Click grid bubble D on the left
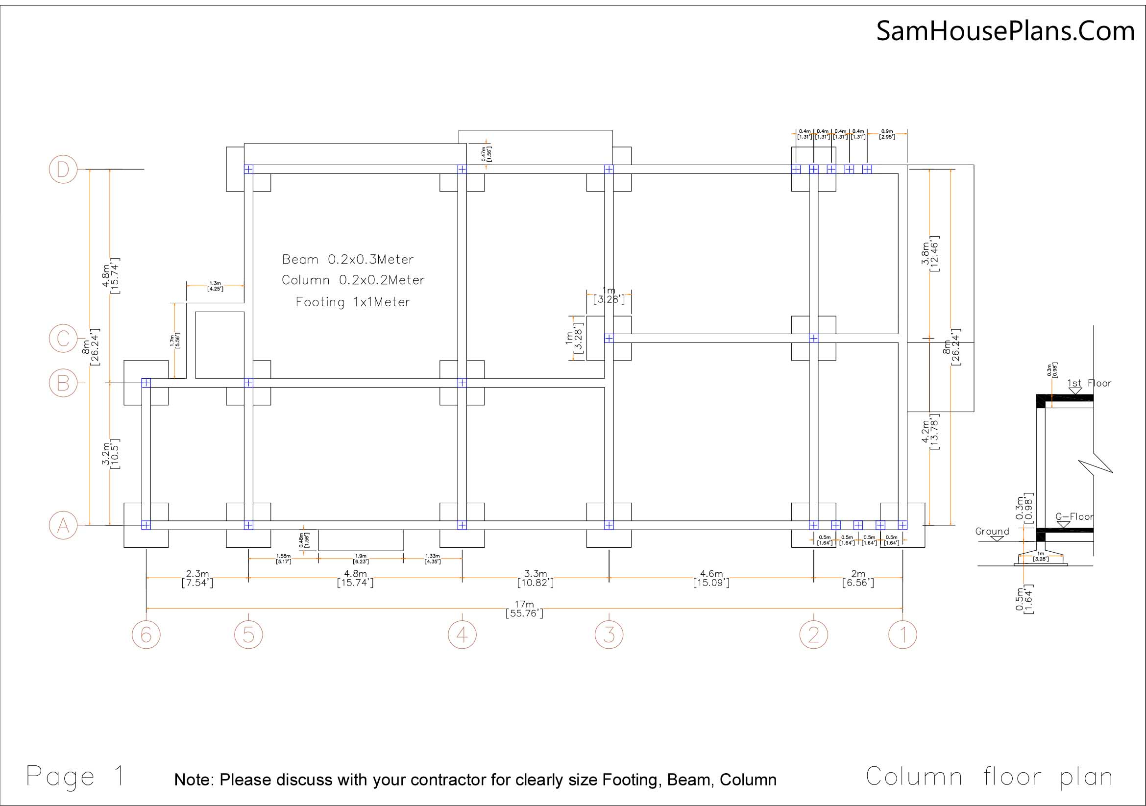click(63, 169)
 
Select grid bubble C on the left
click(63, 339)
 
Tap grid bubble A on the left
click(63, 525)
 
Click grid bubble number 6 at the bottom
click(146, 635)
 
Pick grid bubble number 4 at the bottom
click(462, 635)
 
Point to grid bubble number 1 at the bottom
click(903, 635)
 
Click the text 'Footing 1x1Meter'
click(353, 302)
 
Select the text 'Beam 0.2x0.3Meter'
click(348, 260)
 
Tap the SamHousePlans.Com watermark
click(1005, 31)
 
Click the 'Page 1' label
click(75, 777)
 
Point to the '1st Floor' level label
click(1089, 383)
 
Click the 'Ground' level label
click(992, 532)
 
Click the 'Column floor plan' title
click(989, 777)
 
